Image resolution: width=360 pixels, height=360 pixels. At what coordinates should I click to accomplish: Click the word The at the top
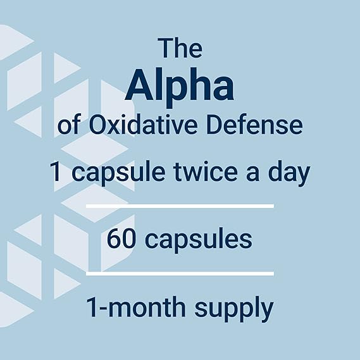180,49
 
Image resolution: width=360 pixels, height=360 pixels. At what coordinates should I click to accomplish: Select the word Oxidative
148,126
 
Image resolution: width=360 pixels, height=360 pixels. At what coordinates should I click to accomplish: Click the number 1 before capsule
58,173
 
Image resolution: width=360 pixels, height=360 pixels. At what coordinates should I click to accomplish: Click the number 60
121,240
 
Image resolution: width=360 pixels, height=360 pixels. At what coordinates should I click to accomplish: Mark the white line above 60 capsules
180,206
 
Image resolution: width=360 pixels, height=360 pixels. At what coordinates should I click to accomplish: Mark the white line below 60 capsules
180,273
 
